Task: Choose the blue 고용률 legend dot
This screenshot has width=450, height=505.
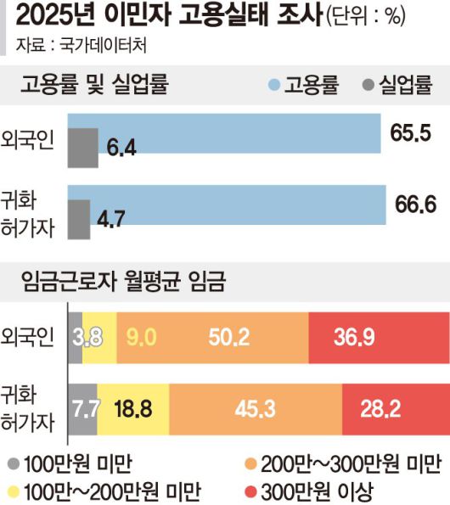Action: pyautogui.click(x=273, y=86)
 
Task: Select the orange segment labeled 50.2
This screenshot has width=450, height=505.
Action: pyautogui.click(x=228, y=337)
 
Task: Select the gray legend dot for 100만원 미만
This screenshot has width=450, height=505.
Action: pyautogui.click(x=13, y=463)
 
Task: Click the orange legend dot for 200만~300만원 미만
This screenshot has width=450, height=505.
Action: pyautogui.click(x=250, y=463)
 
